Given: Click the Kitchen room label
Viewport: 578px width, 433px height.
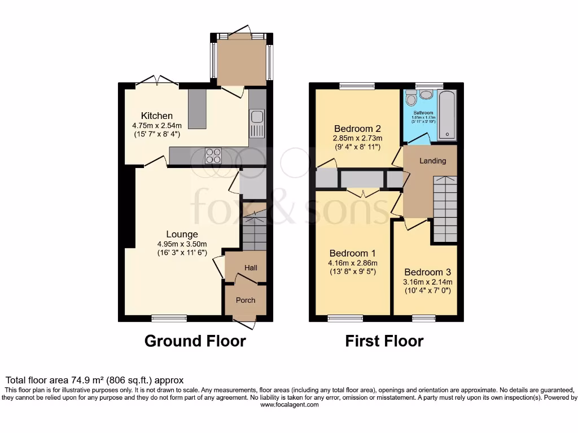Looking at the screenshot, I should pos(157,116).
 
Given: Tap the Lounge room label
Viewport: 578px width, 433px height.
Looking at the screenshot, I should pos(182,234).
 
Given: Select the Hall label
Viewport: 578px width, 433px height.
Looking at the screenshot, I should pos(251,267).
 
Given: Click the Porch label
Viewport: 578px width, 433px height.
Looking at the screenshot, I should pos(246,300).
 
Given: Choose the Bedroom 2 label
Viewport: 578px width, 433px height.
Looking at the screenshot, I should pos(358,128).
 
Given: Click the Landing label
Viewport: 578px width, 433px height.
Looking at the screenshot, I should pos(432,161).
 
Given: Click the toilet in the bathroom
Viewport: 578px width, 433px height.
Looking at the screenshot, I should pos(411,99).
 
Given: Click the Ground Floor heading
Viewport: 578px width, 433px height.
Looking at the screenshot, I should pos(195,341).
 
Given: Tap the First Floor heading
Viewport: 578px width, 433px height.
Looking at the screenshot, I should pos(384,341).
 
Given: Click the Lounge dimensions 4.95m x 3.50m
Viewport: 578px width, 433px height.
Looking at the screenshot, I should pos(182,244).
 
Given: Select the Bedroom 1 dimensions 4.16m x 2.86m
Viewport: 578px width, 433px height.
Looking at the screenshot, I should pos(353,263).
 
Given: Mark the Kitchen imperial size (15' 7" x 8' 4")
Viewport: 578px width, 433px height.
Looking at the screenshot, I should pos(157,135).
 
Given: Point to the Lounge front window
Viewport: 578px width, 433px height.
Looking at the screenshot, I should pos(169,319).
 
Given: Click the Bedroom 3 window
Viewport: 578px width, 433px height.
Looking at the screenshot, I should pos(423,319).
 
